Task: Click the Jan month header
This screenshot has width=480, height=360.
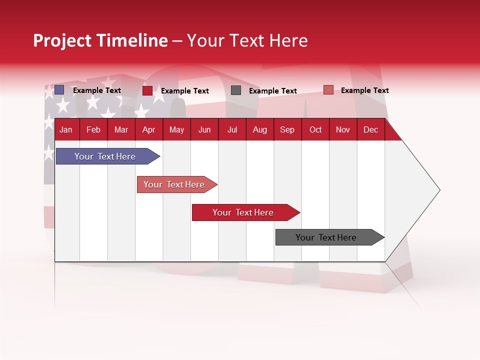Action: (x=66, y=129)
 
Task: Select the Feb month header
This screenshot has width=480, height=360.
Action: (x=93, y=129)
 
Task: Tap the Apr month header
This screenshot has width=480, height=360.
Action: (x=148, y=129)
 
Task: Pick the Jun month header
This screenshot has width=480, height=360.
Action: (x=204, y=129)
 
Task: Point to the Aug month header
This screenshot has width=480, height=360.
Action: (x=259, y=129)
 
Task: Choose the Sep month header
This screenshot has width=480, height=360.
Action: (x=287, y=129)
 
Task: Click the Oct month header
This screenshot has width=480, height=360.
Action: (x=315, y=129)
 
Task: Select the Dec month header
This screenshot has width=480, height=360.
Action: (x=370, y=129)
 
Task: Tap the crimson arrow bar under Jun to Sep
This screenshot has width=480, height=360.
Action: (x=243, y=212)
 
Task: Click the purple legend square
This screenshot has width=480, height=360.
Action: (x=59, y=90)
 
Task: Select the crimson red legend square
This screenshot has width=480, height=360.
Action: (x=147, y=90)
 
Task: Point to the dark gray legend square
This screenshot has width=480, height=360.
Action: (x=236, y=90)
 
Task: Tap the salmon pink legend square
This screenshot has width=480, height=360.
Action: (x=328, y=90)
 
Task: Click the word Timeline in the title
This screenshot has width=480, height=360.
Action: (x=131, y=40)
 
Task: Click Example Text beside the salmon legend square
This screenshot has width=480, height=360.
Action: (x=364, y=90)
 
